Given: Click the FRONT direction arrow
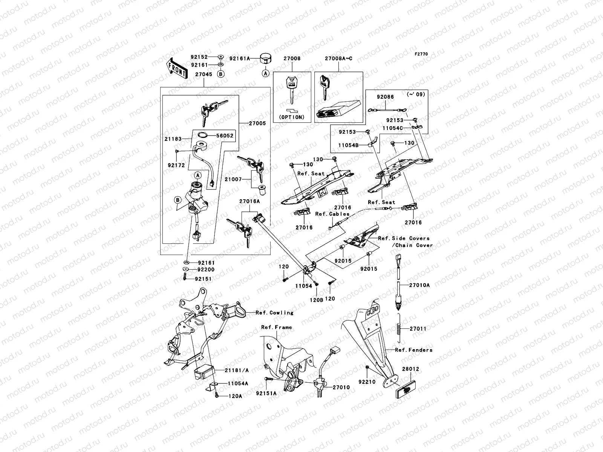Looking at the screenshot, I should coord(177,68).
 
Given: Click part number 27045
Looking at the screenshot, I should coord(204,75).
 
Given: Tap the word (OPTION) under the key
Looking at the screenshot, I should coord(292,117).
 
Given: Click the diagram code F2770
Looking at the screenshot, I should coord(421,54).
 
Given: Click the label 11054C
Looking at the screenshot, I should coord(393,128).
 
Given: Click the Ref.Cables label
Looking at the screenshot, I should coord(332,214).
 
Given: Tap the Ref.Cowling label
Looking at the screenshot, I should coord(274,313).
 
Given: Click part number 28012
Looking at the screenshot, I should coord(410,369).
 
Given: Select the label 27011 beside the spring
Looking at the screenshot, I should coord(418,329).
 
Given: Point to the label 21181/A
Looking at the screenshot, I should coord(237,370).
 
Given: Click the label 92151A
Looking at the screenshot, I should coord(266,393).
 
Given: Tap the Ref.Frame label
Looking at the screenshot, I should coord(277,327).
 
